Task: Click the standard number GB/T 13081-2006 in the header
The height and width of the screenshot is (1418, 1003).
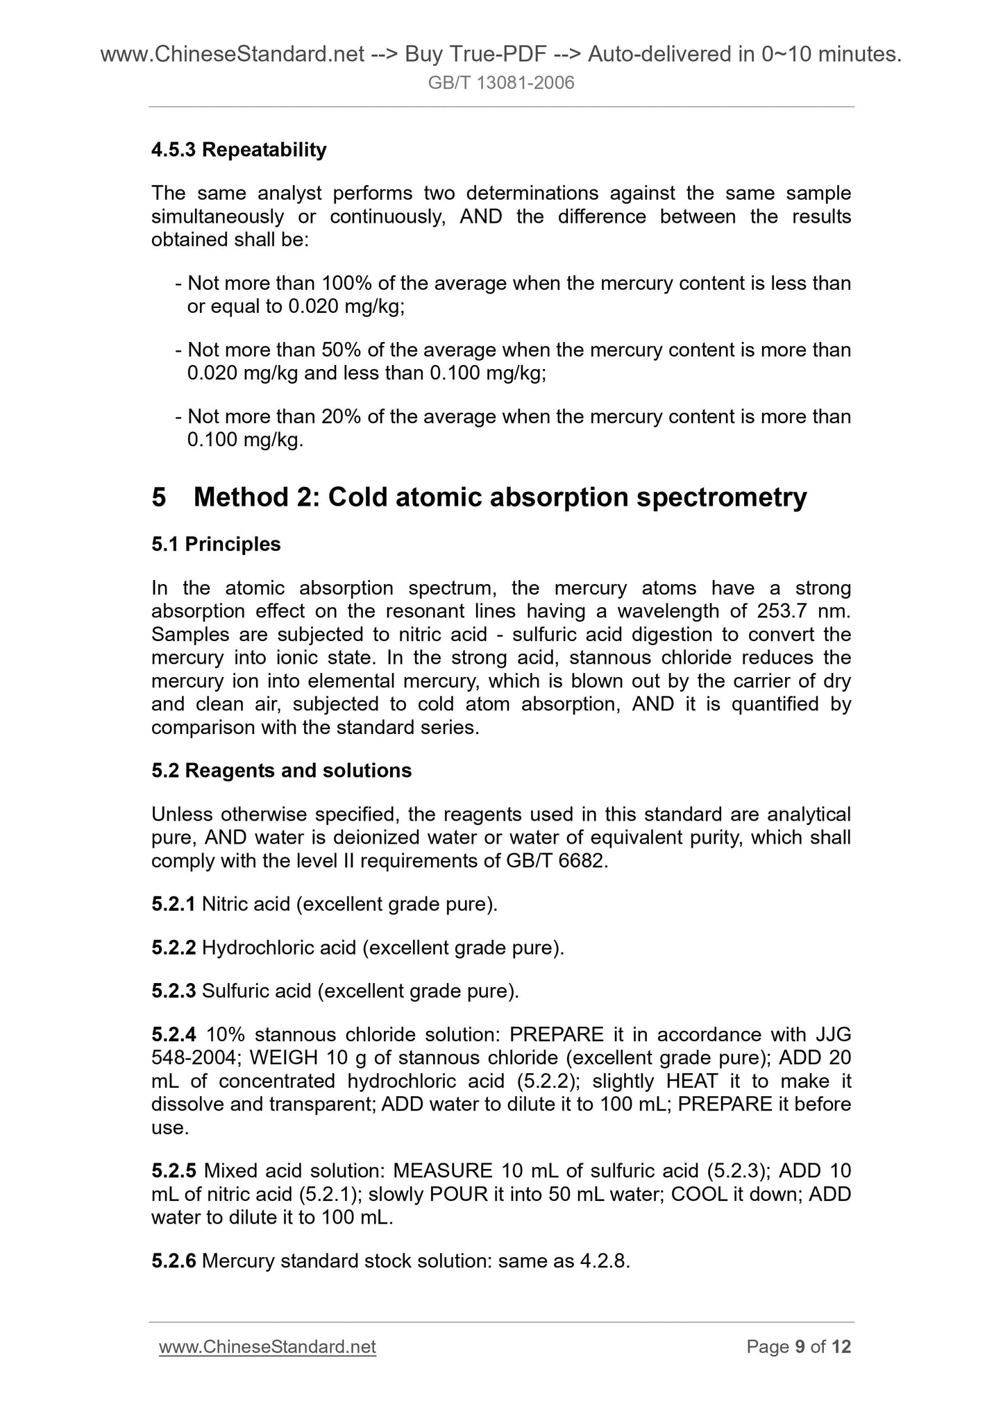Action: tap(501, 84)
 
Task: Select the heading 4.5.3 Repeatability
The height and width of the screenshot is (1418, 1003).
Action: tap(239, 150)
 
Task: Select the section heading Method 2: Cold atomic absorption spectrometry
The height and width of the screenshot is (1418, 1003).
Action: tap(500, 497)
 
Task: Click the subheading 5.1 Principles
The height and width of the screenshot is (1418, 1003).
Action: tap(216, 545)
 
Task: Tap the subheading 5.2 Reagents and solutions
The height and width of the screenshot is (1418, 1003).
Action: tap(281, 771)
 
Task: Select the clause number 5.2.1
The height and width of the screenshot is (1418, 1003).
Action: tap(174, 905)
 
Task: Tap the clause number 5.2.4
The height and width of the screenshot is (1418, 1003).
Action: tap(174, 1035)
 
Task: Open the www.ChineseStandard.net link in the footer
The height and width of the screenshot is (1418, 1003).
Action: tap(267, 1347)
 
